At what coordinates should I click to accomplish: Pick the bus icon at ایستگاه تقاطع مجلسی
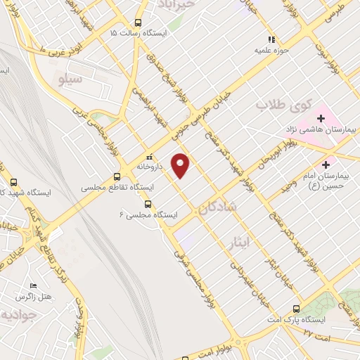[117, 177]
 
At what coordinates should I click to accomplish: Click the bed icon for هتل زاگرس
[33, 286]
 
